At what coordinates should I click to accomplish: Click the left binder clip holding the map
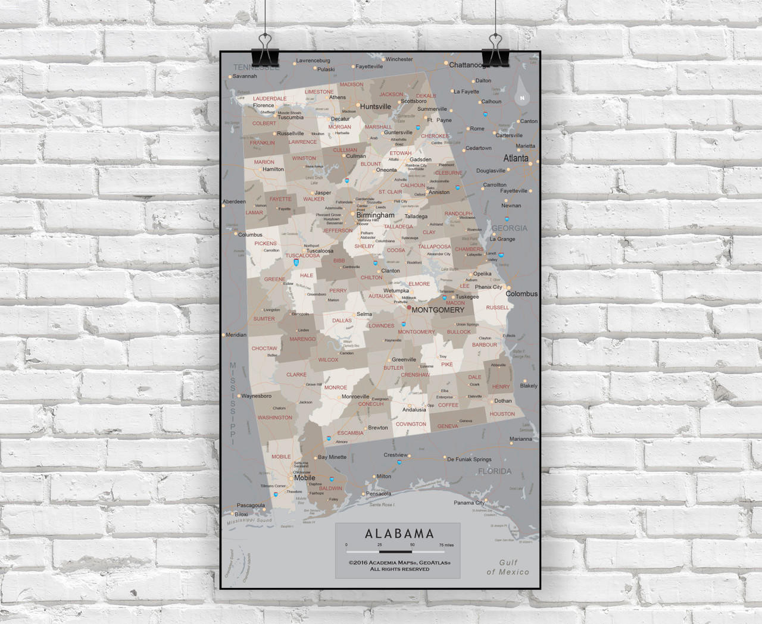pos(265,50)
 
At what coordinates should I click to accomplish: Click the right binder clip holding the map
pos(495,50)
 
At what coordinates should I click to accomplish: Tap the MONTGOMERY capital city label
pos(438,310)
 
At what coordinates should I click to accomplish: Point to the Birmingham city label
pos(375,215)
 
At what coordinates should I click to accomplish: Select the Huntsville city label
pos(375,107)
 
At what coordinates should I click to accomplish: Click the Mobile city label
pos(304,478)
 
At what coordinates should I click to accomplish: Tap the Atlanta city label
pos(516,158)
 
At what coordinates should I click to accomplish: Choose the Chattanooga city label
pos(469,65)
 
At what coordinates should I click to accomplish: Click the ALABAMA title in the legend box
pos(399,534)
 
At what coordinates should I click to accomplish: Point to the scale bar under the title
pos(395,551)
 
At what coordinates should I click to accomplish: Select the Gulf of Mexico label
pos(508,567)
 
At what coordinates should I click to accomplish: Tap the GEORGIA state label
pos(509,228)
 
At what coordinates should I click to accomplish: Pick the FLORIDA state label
pos(495,471)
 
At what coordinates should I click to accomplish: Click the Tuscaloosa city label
pos(320,251)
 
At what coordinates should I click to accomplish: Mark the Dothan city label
pos(503,401)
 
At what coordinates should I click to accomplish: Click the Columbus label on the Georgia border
pos(521,294)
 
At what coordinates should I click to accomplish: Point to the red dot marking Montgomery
pos(409,308)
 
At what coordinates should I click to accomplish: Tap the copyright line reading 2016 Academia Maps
pos(399,562)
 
